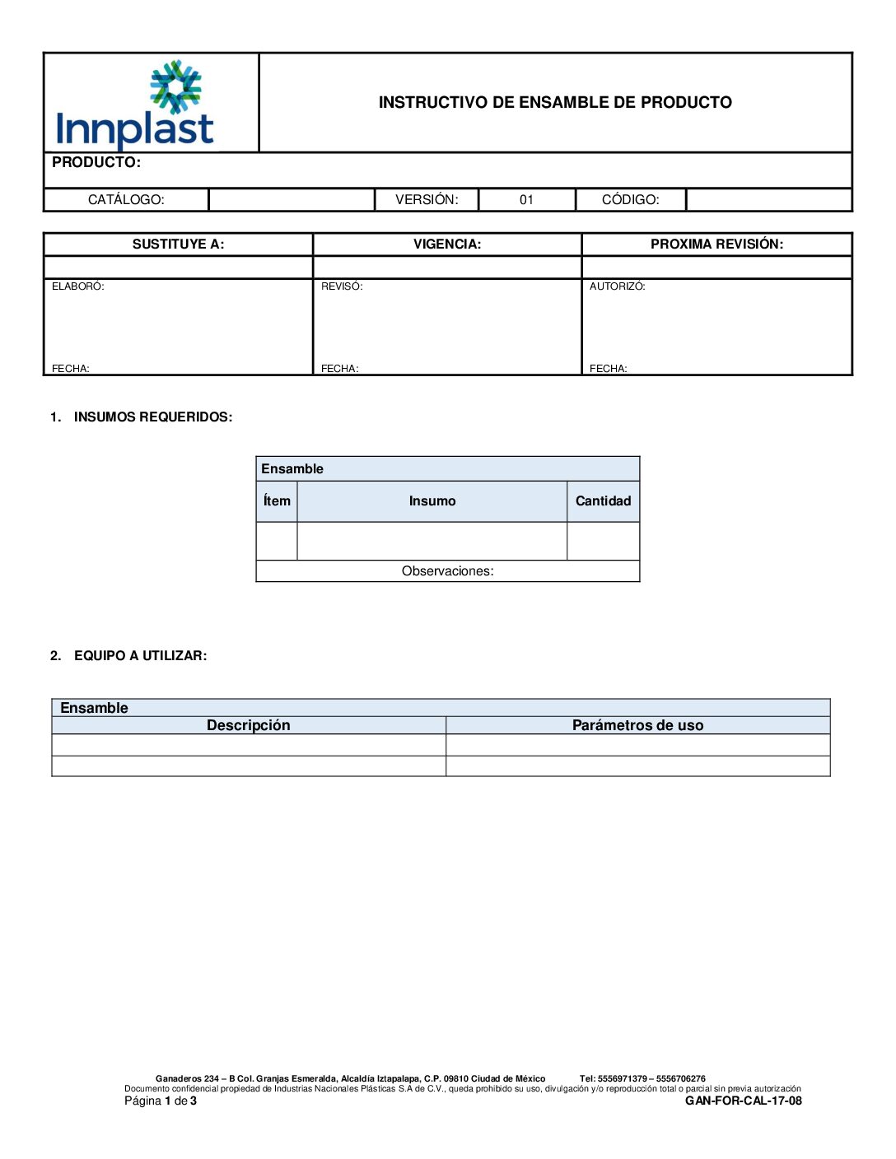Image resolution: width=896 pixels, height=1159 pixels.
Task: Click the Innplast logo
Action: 136,105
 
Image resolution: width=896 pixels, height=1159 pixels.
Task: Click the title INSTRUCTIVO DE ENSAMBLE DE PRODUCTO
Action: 555,102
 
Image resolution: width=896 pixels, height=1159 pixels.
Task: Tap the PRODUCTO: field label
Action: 96,162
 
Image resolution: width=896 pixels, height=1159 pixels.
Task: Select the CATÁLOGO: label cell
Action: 126,200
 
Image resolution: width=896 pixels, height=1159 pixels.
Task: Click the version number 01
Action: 526,200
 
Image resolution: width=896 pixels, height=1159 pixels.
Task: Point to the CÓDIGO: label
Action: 630,200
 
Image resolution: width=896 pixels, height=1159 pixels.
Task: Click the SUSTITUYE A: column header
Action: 178,244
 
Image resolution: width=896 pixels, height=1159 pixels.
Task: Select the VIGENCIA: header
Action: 447,244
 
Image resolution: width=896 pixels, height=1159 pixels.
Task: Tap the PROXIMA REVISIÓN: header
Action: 716,244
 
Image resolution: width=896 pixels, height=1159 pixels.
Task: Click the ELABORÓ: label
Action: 78,286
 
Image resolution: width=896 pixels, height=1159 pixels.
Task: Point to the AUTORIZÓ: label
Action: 617,286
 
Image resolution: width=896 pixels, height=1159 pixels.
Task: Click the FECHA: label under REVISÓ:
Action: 339,369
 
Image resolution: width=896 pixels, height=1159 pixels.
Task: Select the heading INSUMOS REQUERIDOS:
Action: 153,417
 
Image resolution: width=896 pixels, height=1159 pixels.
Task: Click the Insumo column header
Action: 432,501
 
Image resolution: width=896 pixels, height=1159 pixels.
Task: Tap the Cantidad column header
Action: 603,501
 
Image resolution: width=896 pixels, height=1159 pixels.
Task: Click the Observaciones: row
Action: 447,571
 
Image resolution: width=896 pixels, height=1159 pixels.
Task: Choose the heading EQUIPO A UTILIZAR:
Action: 140,656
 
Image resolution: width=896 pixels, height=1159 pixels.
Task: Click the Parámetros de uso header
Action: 637,725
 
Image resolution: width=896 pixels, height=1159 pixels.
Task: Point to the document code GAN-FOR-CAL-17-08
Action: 743,1101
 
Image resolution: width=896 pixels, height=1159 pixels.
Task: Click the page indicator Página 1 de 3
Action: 161,1101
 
